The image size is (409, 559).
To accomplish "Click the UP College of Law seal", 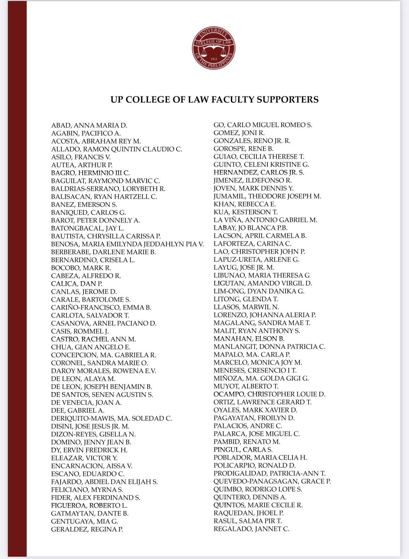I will pyautogui.click(x=214, y=48).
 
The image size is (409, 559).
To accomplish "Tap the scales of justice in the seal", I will pyautogui.click(x=214, y=49).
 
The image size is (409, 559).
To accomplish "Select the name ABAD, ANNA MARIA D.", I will pyautogui.click(x=89, y=126).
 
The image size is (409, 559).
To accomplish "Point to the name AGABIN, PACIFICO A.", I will pyautogui.click(x=86, y=133).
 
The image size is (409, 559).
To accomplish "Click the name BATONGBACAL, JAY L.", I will pyautogui.click(x=87, y=228).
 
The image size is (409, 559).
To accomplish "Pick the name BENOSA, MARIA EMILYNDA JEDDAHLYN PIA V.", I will pyautogui.click(x=127, y=244).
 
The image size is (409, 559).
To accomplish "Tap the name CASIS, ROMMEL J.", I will pyautogui.click(x=80, y=331).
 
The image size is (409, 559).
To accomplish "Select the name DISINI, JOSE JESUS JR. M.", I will pyautogui.click(x=90, y=426).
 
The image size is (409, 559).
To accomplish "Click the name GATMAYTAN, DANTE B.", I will pyautogui.click(x=90, y=513).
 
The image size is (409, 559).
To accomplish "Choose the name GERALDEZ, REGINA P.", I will pyautogui.click(x=87, y=529).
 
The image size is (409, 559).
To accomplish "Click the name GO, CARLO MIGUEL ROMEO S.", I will pyautogui.click(x=262, y=125).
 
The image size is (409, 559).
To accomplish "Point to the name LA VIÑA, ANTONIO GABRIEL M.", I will pyautogui.click(x=265, y=220).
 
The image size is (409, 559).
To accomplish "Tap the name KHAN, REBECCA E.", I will pyautogui.click(x=244, y=204).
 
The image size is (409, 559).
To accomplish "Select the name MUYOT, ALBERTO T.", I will pyautogui.click(x=246, y=386).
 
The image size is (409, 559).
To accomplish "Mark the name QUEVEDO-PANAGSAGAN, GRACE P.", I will pyautogui.click(x=272, y=481).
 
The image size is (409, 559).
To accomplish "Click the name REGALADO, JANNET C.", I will pyautogui.click(x=251, y=529).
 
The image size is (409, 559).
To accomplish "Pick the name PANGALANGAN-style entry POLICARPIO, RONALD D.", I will pyautogui.click(x=255, y=465).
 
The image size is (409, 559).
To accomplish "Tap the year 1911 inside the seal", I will pyautogui.click(x=214, y=59).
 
